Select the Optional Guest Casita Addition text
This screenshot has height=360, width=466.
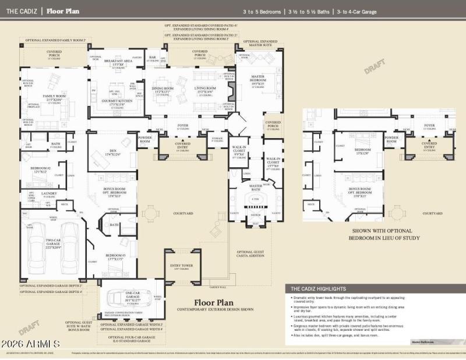coord(250,253)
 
